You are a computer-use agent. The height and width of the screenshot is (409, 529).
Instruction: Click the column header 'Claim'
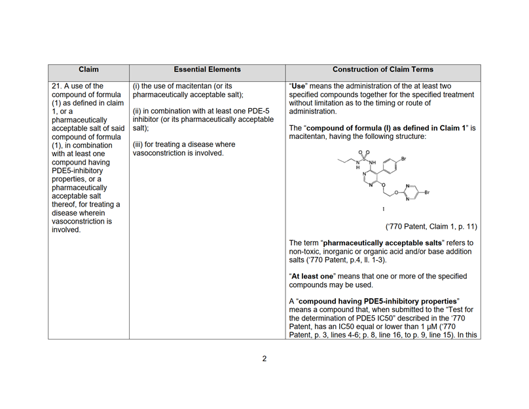(x=88, y=69)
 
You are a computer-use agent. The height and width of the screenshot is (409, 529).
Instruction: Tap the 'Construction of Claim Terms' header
(x=382, y=69)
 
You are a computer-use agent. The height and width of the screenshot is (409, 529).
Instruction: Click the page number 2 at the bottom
(x=264, y=359)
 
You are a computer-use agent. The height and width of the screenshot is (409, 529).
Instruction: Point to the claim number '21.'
(x=58, y=85)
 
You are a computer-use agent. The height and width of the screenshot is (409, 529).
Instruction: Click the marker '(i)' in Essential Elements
(x=136, y=85)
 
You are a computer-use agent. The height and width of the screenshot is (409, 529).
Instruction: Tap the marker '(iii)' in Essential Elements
(x=139, y=144)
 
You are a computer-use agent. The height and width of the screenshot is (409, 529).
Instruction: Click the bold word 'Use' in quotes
(x=299, y=85)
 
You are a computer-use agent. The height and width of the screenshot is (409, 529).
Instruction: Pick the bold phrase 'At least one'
(x=314, y=276)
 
